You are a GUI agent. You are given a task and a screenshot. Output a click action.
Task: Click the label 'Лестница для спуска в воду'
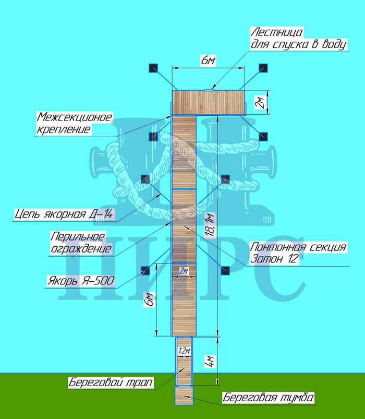click(x=298, y=39)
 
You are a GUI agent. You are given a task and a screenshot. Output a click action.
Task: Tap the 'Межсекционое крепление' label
click(x=74, y=122)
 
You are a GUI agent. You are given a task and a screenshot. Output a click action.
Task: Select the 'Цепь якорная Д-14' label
click(x=65, y=213)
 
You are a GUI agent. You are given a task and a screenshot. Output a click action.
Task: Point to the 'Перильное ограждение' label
click(x=81, y=242)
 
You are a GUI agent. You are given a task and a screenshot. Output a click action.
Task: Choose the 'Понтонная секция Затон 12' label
click(x=298, y=253)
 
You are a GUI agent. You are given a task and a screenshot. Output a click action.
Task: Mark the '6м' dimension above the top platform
click(x=208, y=61)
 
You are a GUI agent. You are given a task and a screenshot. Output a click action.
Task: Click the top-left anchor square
click(x=153, y=68)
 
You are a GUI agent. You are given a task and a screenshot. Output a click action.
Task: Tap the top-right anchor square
click(x=263, y=68)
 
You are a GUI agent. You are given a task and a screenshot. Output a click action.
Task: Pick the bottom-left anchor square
click(x=145, y=270)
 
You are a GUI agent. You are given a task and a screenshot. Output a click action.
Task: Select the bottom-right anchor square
click(x=225, y=270)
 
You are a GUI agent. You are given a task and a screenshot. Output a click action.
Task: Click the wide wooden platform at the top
click(x=209, y=102)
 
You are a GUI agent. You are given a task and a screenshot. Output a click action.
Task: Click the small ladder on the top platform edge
click(x=209, y=90)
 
